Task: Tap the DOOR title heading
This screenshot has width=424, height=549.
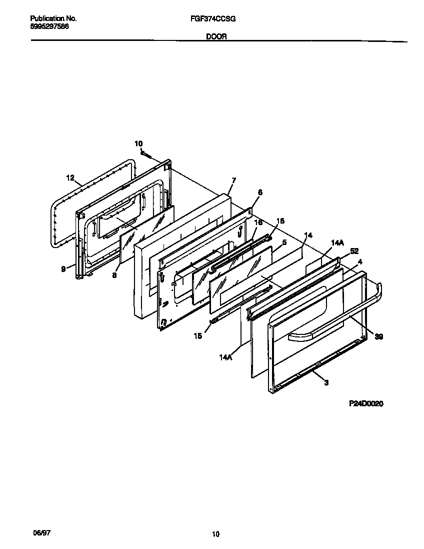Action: point(216,37)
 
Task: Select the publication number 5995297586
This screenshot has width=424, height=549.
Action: point(45,26)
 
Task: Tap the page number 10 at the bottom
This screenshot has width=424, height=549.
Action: point(215,535)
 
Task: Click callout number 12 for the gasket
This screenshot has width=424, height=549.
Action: point(70,178)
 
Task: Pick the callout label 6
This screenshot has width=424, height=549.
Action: point(260,192)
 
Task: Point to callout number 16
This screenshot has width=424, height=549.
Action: point(258,222)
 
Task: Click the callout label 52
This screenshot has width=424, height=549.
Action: point(354,252)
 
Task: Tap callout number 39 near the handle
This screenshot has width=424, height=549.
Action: point(379,337)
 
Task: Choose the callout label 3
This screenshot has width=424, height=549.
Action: point(326,383)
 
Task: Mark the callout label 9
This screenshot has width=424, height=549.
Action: point(63,269)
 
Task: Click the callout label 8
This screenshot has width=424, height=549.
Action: point(114,274)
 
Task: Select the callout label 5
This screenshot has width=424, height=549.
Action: point(284,242)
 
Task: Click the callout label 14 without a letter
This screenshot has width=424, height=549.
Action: point(308,235)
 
